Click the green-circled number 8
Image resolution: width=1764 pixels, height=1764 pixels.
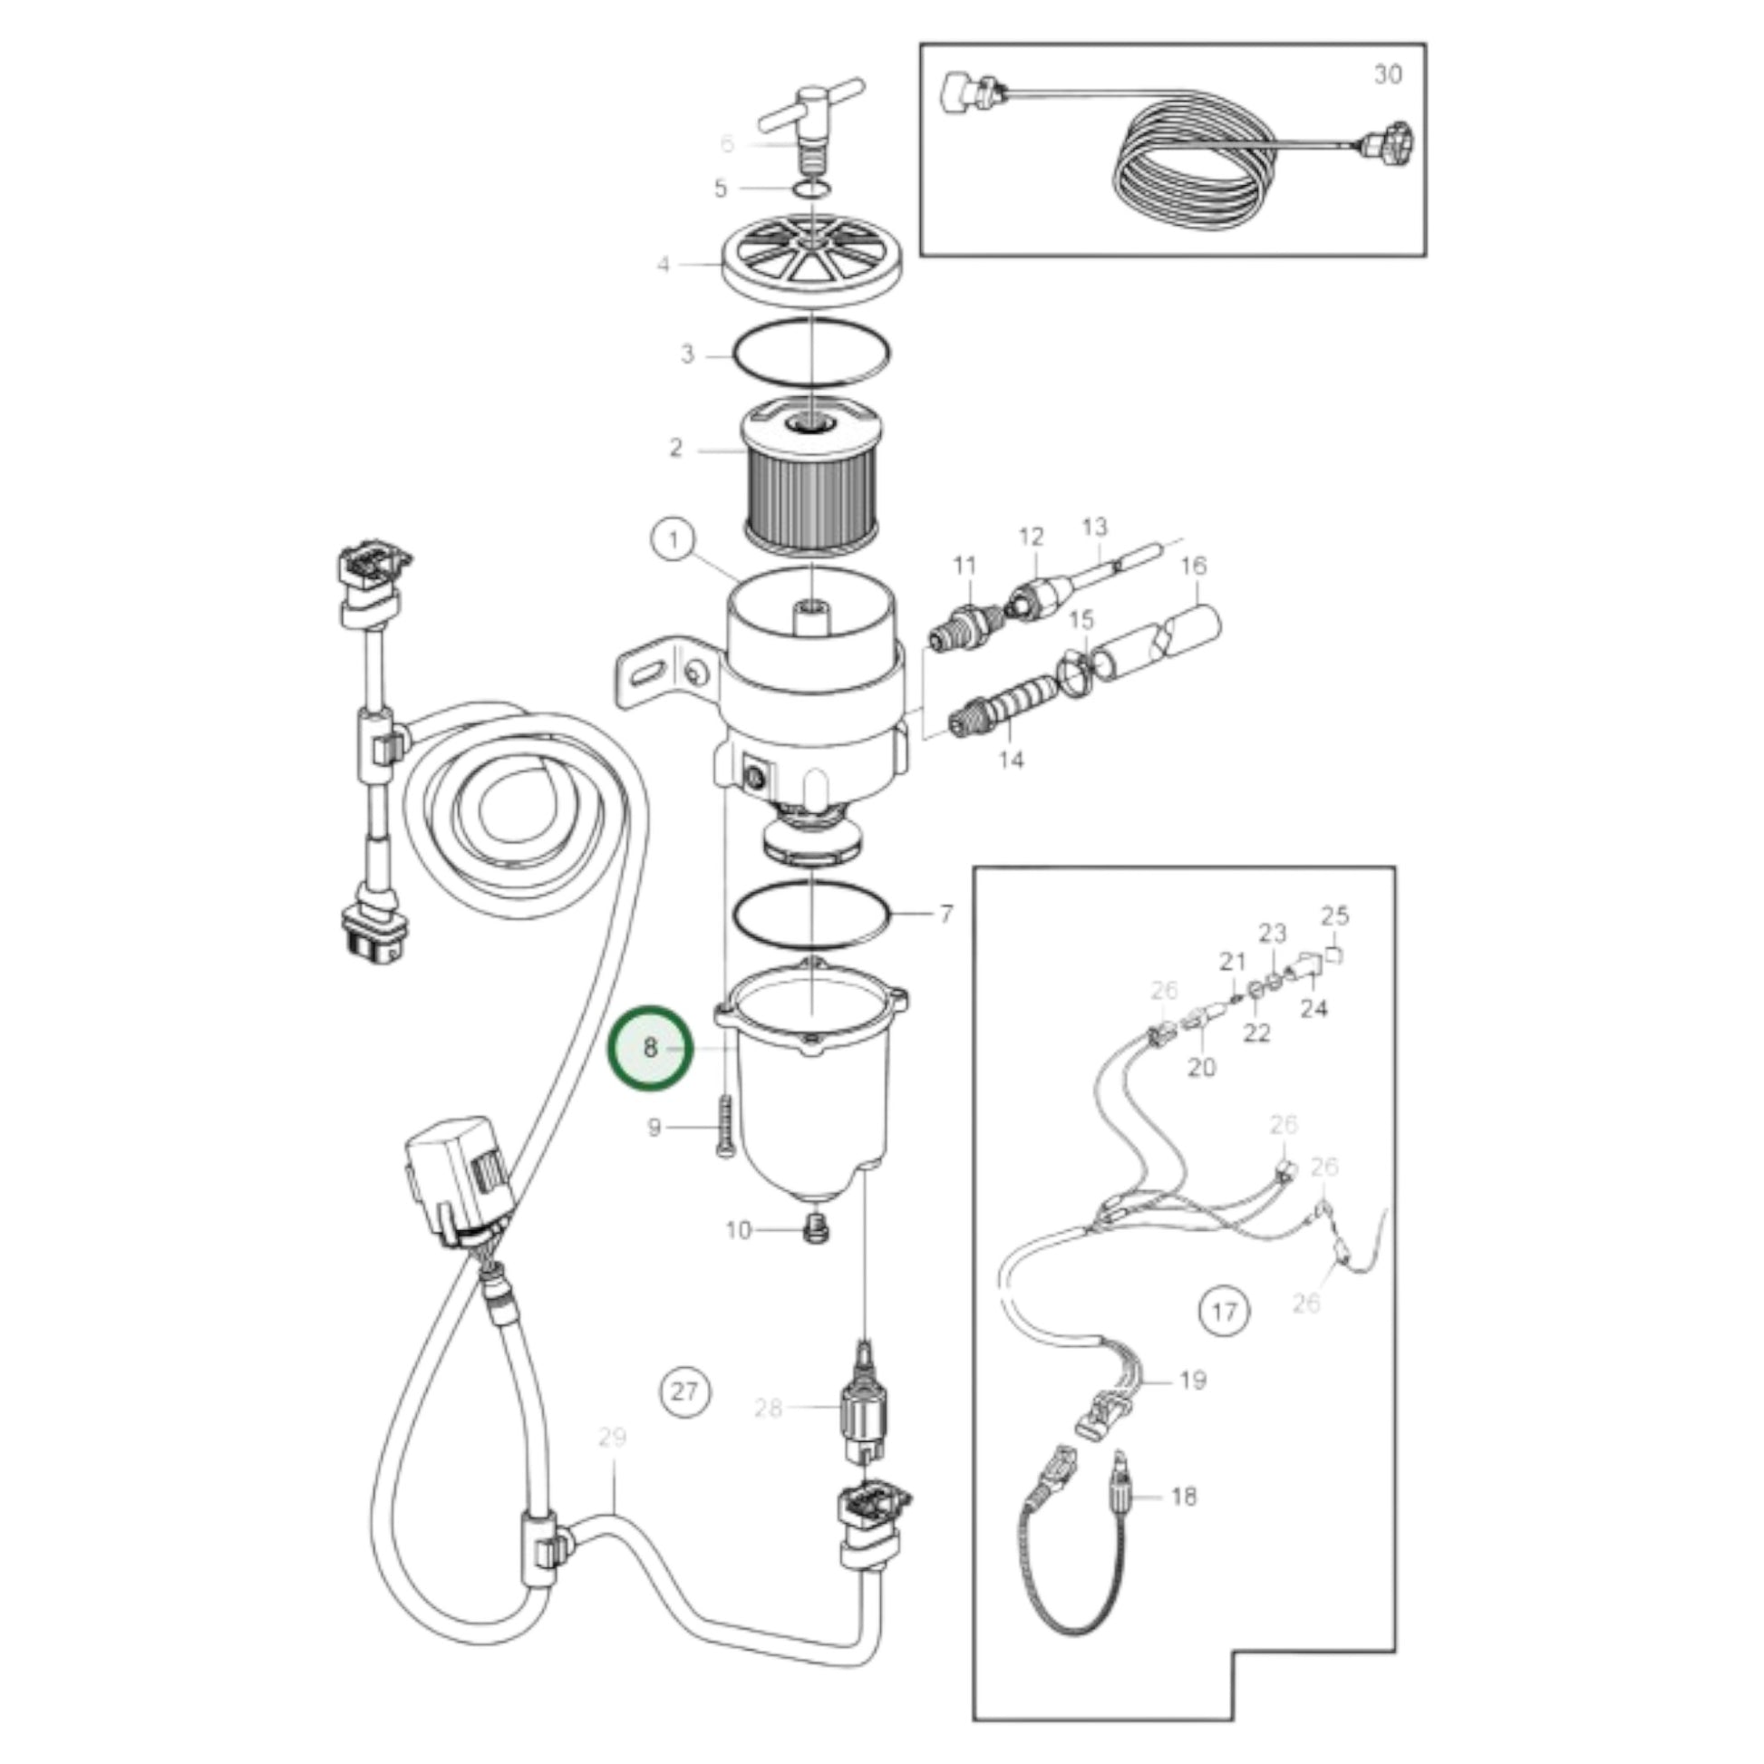tap(651, 1048)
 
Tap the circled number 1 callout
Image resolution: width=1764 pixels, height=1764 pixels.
tap(674, 539)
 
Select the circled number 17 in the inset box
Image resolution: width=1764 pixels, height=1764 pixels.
tap(1223, 1311)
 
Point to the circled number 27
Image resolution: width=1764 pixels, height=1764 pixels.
tap(683, 1391)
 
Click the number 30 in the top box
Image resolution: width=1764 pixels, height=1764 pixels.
tap(1388, 75)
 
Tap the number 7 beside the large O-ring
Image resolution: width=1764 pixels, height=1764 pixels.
tap(947, 913)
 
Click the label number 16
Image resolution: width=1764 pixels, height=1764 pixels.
tap(1193, 565)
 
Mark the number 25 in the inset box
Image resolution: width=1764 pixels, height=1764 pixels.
tap(1335, 915)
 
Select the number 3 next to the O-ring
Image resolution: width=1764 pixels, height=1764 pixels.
tap(687, 354)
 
